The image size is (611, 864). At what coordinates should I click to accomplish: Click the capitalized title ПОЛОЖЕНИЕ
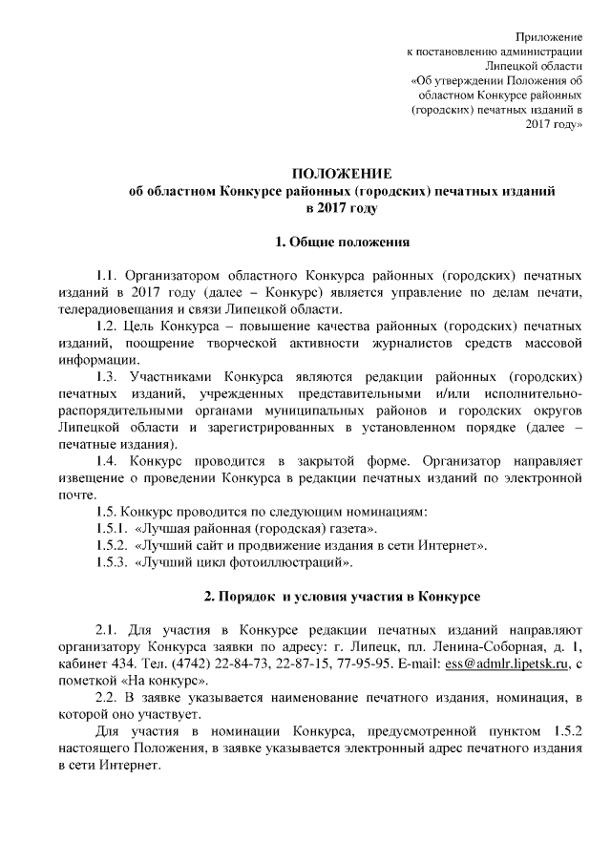(341, 173)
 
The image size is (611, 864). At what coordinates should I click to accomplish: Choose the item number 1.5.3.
(113, 562)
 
